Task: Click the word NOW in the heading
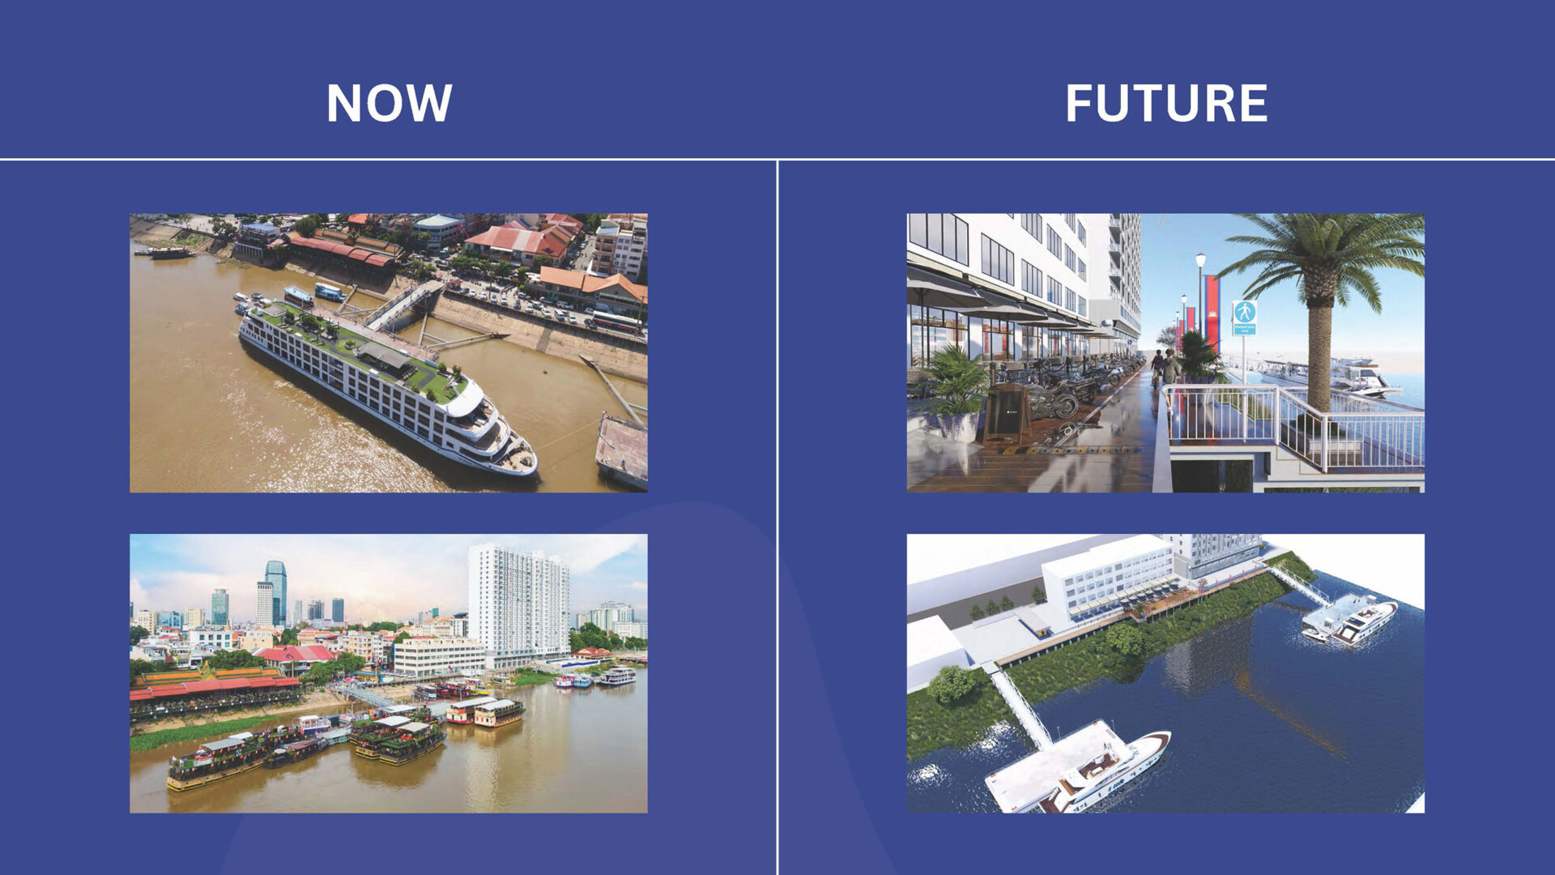tap(389, 103)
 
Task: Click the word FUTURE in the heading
tap(1166, 103)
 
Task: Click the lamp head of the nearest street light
tap(1200, 259)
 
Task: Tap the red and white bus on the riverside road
tap(618, 322)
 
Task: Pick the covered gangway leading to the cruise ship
tap(403, 304)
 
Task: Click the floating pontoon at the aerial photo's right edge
tap(622, 450)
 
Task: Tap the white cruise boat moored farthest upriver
tap(617, 676)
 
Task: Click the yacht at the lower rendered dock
tap(1106, 772)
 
